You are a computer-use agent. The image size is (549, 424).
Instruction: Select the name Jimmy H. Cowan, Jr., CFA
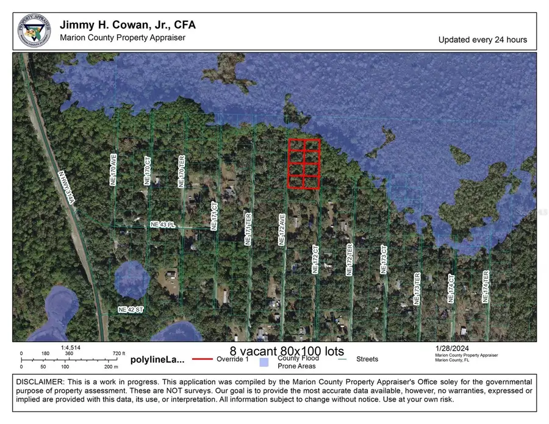tap(127, 25)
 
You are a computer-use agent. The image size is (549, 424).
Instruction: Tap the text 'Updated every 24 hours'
tap(483, 40)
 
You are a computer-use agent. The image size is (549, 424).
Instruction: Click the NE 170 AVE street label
tap(113, 170)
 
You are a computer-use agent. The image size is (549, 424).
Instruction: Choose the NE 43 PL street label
tap(162, 225)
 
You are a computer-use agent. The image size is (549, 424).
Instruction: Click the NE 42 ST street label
tap(130, 310)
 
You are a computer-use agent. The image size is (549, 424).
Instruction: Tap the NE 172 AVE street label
tap(282, 229)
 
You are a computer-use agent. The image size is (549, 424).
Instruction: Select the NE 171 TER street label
tap(248, 229)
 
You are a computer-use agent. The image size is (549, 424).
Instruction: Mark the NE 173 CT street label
tap(384, 260)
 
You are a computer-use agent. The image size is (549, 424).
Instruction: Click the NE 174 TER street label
tap(486, 286)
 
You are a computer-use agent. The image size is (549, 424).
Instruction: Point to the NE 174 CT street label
tap(452, 288)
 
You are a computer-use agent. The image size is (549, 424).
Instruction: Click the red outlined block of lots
tap(304, 163)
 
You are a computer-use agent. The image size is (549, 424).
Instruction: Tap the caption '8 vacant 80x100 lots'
tap(287, 351)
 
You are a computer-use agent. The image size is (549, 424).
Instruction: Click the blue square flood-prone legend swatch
tap(264, 362)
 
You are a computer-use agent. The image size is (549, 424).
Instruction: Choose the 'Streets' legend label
tap(367, 359)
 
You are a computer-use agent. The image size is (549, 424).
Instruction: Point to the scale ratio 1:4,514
tap(71, 348)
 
